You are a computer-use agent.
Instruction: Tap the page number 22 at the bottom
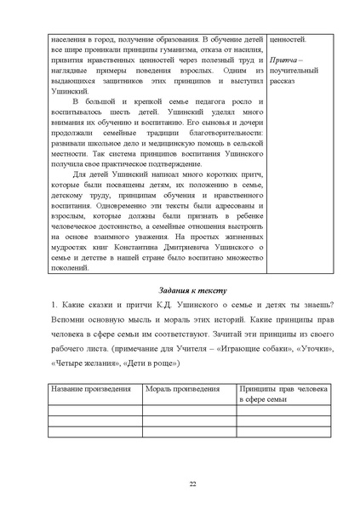(180, 484)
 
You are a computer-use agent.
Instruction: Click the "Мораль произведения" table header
(174, 387)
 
